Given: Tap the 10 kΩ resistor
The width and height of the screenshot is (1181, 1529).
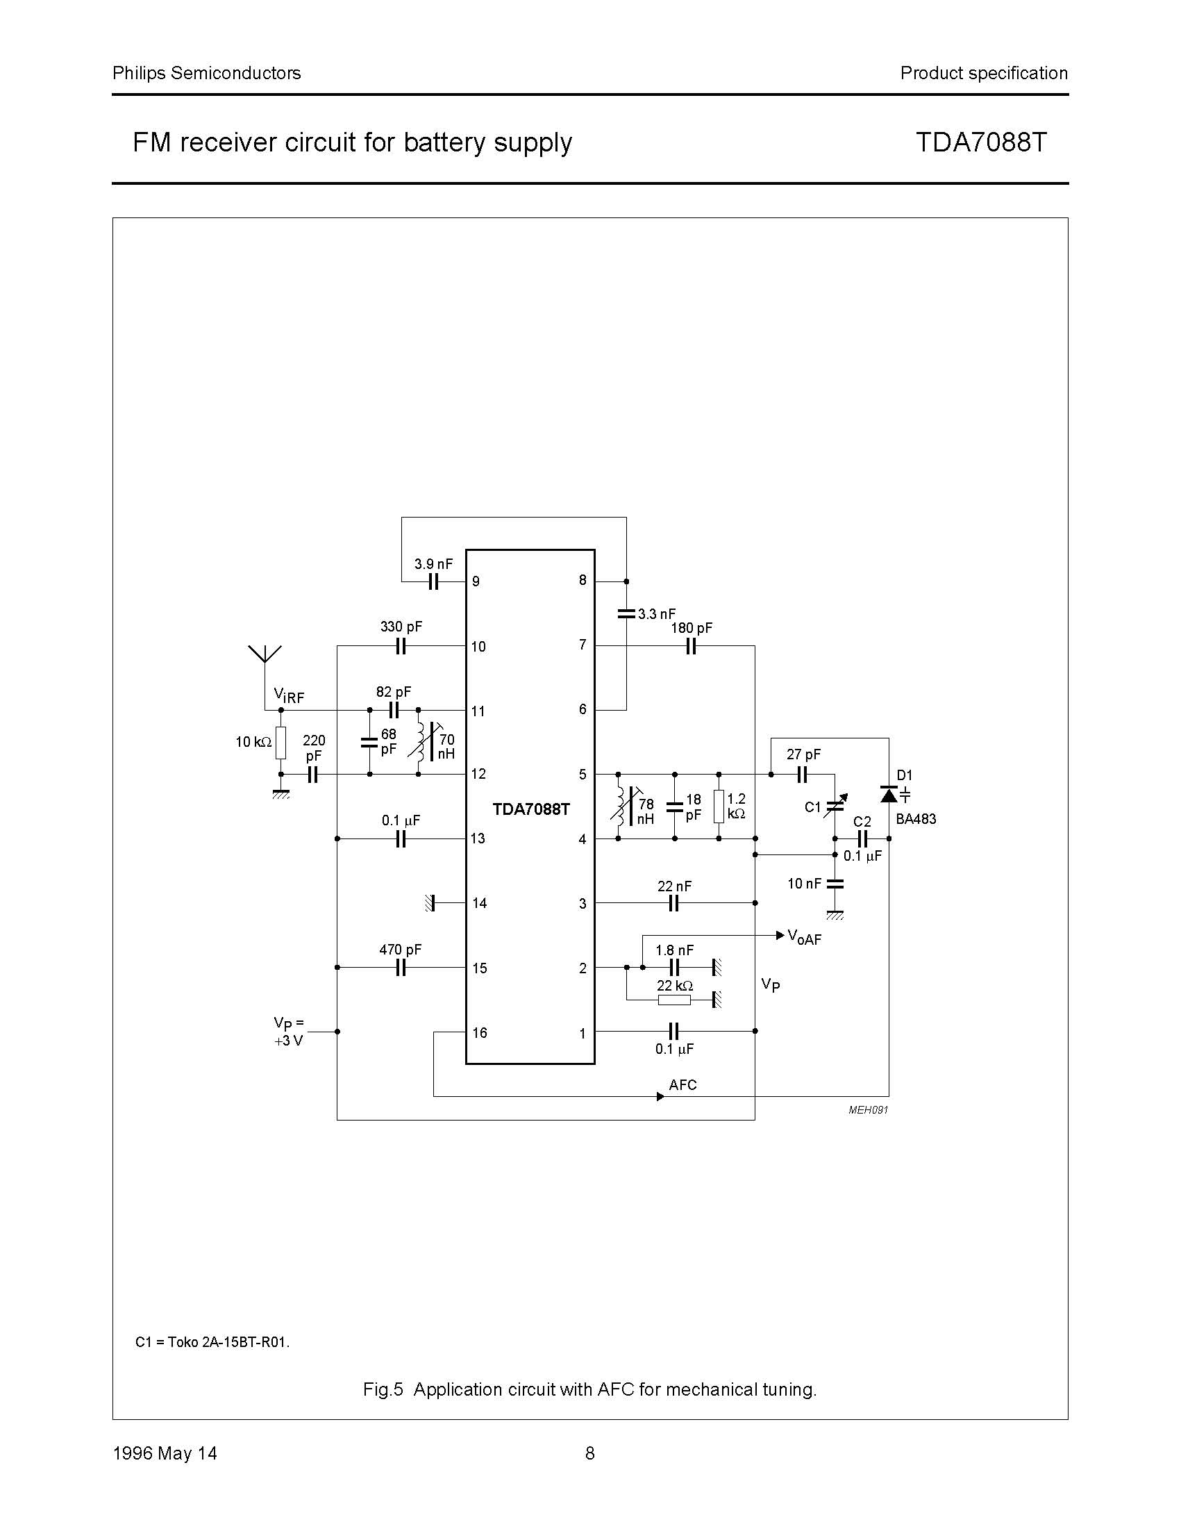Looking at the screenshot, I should coord(280,743).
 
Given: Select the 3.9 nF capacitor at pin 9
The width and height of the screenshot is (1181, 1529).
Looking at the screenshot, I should coord(433,581).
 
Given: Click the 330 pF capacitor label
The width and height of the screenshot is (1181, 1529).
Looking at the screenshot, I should coord(401,627).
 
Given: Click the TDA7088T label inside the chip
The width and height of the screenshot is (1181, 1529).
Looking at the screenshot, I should coord(531,809).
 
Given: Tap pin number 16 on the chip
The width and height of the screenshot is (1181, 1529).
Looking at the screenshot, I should coord(479,1032).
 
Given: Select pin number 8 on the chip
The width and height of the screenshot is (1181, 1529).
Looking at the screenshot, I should coord(582,580).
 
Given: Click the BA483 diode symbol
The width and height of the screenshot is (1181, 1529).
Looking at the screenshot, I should coord(889,795).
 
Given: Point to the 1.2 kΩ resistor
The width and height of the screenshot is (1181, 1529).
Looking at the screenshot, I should coord(719,807).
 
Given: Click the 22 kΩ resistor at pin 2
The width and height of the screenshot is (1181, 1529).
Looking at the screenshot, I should coord(674,1000).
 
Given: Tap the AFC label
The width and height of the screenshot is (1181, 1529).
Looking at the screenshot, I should coord(682,1085).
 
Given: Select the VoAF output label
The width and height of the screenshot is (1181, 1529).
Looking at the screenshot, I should coord(804,937).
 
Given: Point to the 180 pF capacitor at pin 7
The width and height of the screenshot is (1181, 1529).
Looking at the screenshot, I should coord(691,646).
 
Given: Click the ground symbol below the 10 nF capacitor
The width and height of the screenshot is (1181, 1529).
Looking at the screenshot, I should coord(835,915).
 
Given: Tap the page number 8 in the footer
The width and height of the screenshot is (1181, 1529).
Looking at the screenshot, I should coord(589,1453).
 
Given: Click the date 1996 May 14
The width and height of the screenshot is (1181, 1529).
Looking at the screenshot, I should coord(165,1453).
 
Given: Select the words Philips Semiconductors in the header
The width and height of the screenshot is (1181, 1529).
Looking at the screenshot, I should coord(206,73).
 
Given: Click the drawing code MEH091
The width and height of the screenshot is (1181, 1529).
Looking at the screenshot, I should coord(868,1109).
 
